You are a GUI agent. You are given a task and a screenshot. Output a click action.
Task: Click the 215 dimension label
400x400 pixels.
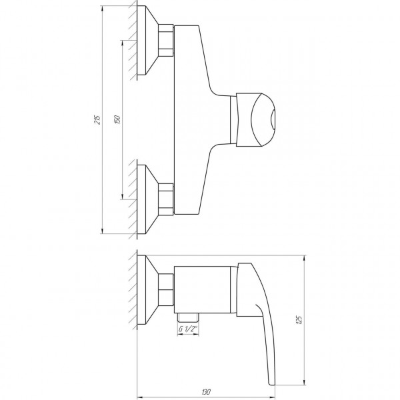point(97,120)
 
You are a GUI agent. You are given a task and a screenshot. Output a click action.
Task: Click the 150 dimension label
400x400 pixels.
point(117,119)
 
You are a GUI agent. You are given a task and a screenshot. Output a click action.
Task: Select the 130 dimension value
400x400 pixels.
point(206,392)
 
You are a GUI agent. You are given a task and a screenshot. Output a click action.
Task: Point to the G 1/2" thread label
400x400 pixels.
point(188,329)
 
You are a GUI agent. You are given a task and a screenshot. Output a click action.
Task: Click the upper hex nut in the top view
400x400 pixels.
point(166,40)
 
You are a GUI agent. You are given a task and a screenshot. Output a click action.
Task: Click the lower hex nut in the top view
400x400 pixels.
point(166,199)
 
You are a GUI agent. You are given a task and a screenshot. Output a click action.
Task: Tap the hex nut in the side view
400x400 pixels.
point(166,289)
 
